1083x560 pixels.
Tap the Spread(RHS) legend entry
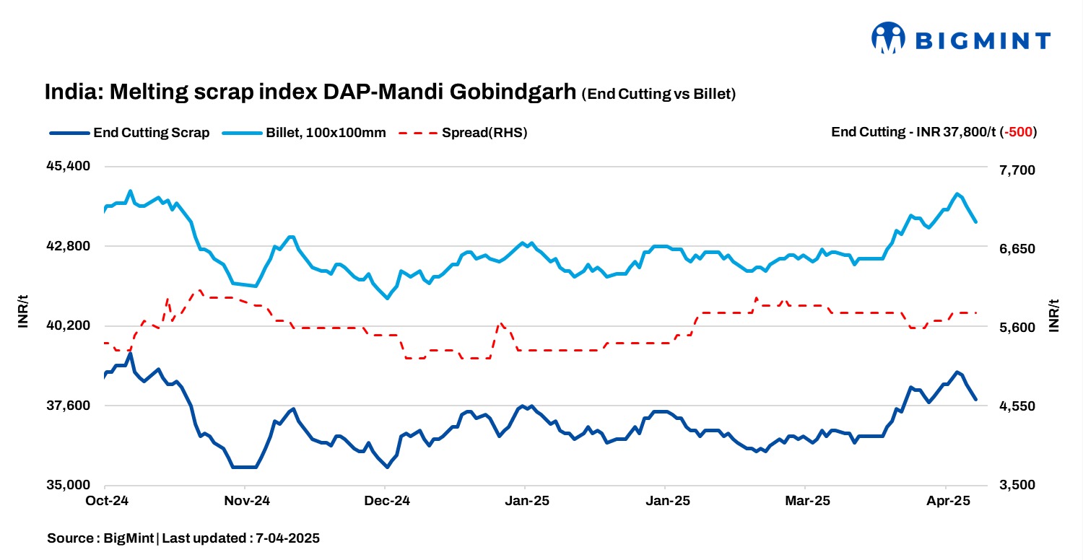pyautogui.click(x=462, y=133)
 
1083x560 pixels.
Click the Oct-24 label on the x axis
pyautogui.click(x=106, y=501)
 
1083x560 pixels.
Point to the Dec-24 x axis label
pyautogui.click(x=386, y=501)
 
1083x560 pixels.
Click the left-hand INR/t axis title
pyautogui.click(x=23, y=312)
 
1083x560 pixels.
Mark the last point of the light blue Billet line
pyautogui.click(x=975, y=222)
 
